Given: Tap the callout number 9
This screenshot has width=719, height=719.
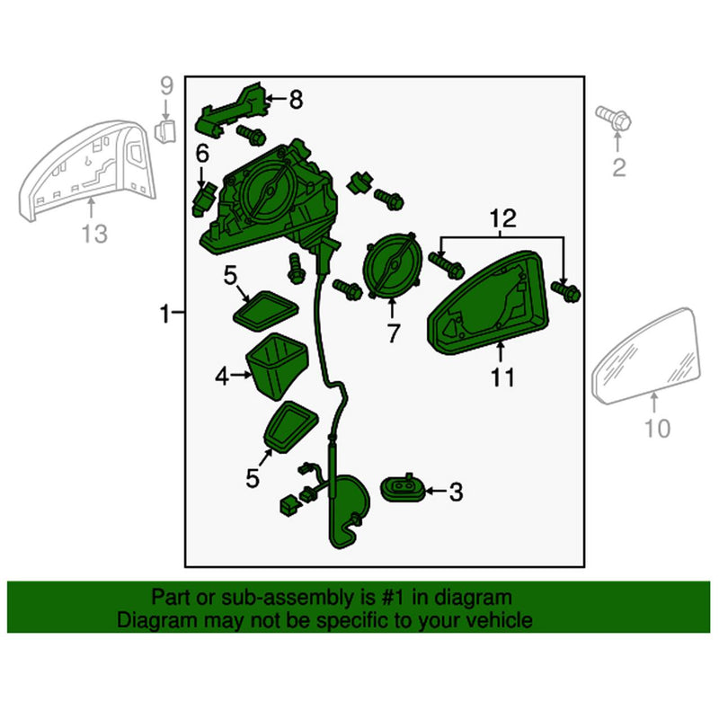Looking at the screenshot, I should pos(165,86).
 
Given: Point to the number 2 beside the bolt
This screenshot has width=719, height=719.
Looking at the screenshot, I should pos(618,166).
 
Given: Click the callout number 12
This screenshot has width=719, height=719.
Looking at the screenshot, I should pos(503,217).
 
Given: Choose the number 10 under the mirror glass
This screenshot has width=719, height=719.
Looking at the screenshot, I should pos(658,429).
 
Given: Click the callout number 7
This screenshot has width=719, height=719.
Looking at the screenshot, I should pos(393,333).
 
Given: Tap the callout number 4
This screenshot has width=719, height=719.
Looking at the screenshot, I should pos(222,378).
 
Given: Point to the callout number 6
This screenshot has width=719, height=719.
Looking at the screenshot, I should pos(202,154).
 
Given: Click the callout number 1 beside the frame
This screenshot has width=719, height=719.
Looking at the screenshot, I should pos(164,314).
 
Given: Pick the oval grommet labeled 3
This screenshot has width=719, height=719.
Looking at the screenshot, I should pos(404,488).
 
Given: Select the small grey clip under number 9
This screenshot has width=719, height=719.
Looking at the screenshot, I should pos(164,133).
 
